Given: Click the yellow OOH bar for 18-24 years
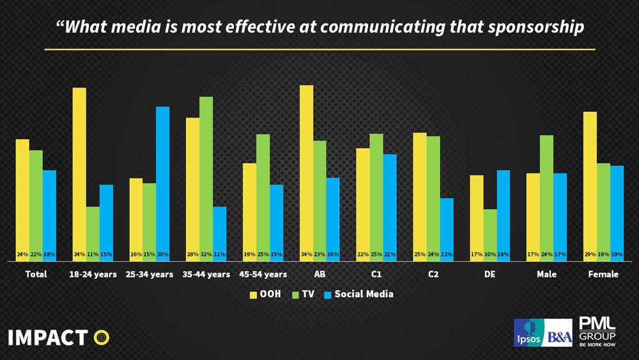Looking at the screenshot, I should click(79, 173).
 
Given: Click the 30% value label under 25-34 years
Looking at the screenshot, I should click(163, 254).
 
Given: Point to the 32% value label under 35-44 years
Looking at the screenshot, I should click(206, 254).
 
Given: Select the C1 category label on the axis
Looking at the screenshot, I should click(376, 274).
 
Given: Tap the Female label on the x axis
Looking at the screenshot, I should click(603, 274).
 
